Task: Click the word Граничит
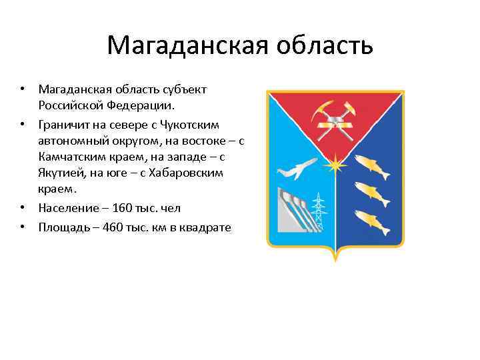pos(63,125)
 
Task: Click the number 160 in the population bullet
pos(123,209)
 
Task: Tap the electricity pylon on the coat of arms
pos(319,211)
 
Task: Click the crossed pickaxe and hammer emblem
pos(334,121)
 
